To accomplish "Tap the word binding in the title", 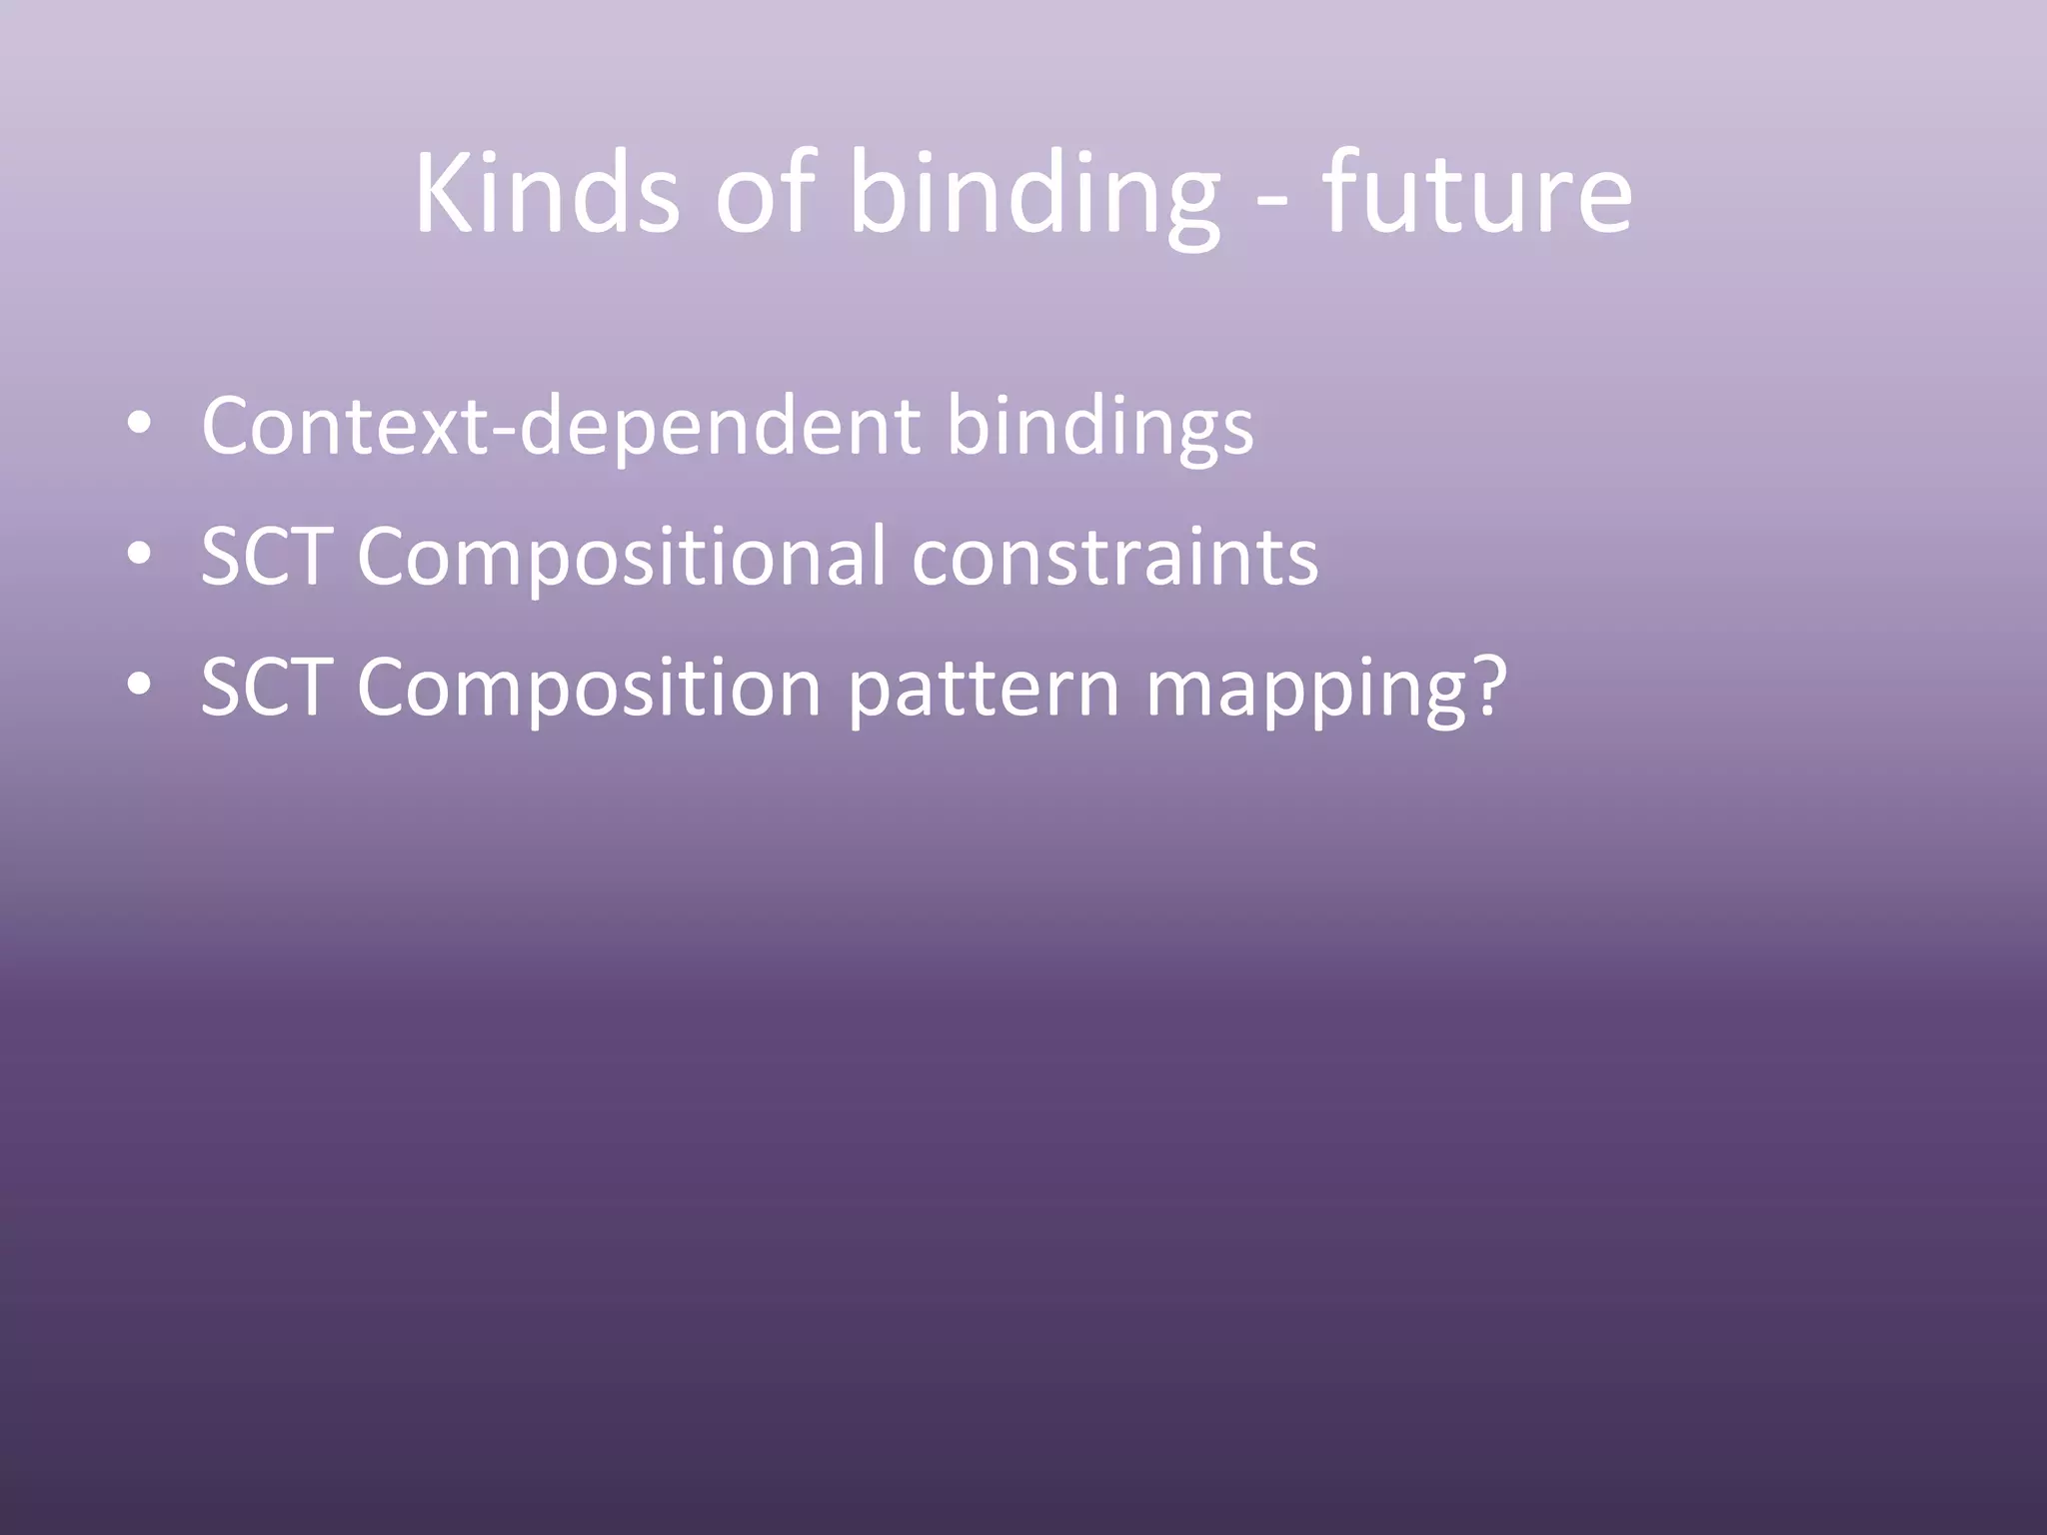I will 1033,195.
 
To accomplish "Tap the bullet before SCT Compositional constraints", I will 140,557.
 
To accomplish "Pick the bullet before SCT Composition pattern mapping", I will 140,688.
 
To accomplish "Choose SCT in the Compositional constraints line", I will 266,557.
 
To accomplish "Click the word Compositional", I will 621,559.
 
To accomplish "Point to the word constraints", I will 1114,557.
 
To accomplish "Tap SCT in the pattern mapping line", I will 266,688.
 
